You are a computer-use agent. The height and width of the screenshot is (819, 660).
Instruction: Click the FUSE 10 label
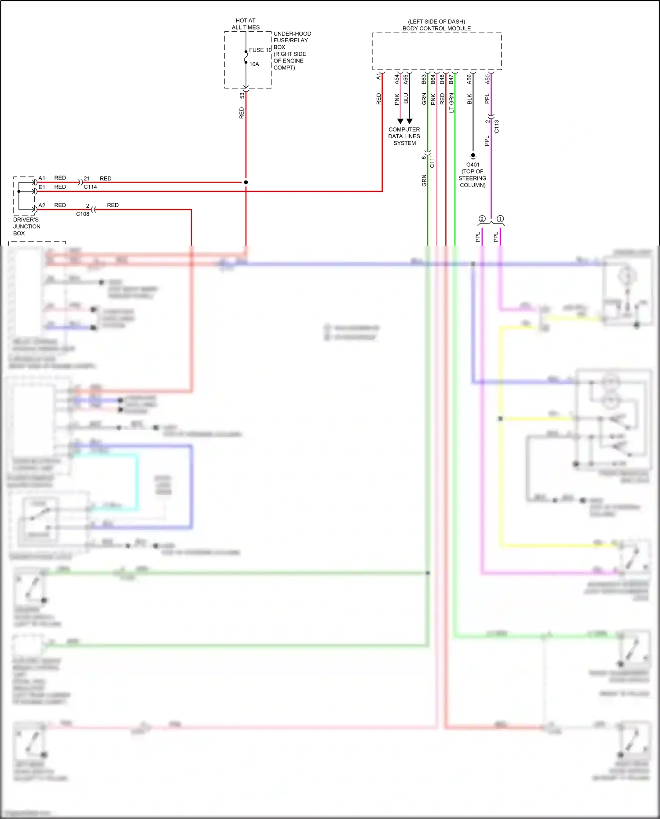click(x=260, y=50)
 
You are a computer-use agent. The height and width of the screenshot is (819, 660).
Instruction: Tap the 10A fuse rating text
click(x=254, y=64)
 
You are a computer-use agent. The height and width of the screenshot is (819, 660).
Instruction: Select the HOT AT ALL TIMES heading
click(x=246, y=24)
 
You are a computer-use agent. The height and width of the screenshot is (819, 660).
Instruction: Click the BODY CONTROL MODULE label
click(x=436, y=29)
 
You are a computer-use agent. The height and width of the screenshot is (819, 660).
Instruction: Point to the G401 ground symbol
click(x=473, y=156)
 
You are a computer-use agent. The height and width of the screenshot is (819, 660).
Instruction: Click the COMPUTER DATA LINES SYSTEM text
click(x=404, y=136)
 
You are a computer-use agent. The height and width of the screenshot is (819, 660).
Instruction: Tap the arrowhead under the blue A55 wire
click(x=409, y=121)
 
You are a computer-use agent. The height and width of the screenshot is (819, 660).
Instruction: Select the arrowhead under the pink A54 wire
click(x=400, y=121)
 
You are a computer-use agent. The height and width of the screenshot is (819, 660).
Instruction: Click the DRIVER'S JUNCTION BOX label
click(x=27, y=226)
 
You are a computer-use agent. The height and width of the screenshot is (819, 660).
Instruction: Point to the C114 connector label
click(x=90, y=187)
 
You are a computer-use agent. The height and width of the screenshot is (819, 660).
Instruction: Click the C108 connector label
click(x=83, y=214)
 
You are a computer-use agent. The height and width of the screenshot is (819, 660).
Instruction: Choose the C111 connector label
click(x=432, y=161)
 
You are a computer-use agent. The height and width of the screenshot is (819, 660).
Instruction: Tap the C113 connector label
click(x=496, y=126)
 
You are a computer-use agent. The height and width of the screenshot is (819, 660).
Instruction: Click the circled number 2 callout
click(x=482, y=219)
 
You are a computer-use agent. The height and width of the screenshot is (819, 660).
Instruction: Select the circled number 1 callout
click(x=500, y=219)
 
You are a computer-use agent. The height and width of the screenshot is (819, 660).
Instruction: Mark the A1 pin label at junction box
click(x=42, y=178)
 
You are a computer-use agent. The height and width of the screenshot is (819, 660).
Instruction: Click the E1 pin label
click(x=42, y=187)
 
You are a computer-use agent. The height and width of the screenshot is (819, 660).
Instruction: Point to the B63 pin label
click(x=424, y=79)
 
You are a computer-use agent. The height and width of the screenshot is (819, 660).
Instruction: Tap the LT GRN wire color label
click(x=451, y=103)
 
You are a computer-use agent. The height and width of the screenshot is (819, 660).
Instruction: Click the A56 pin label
click(x=469, y=79)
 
